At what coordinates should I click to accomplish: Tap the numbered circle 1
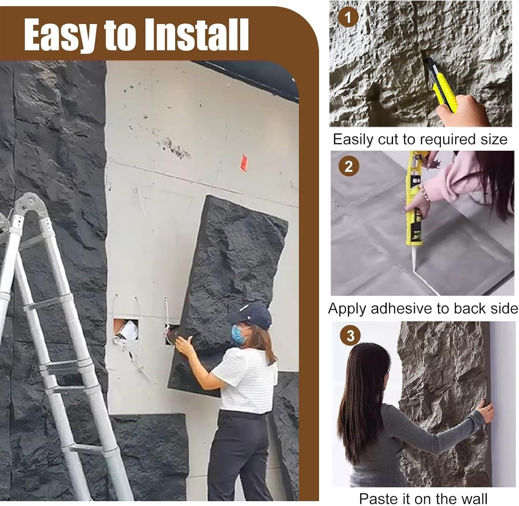pos(348,17)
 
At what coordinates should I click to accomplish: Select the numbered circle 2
pos(349,167)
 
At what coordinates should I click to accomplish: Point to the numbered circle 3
pos(350,335)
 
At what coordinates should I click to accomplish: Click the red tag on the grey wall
pos(244,163)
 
